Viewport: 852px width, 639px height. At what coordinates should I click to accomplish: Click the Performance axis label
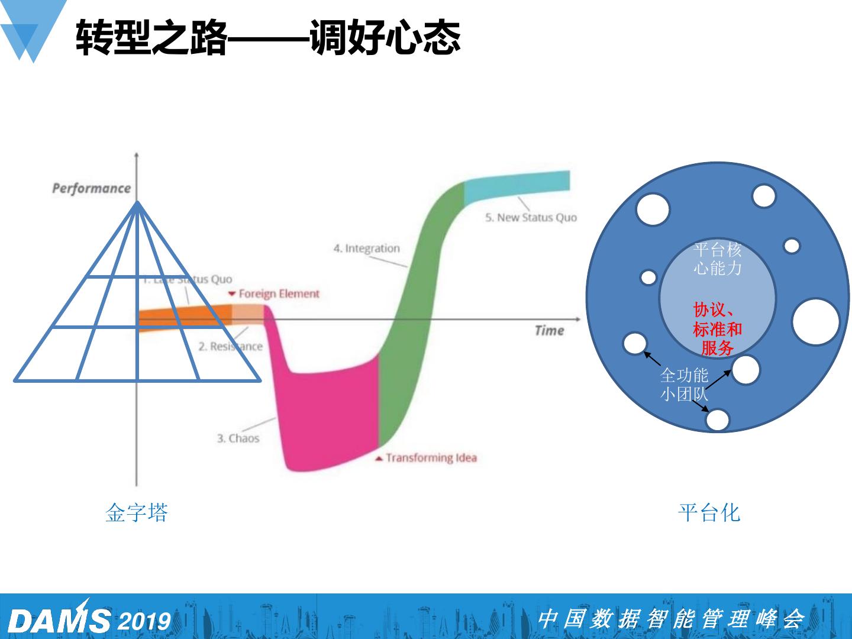tap(91, 188)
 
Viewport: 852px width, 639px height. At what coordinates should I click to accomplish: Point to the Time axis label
tap(549, 330)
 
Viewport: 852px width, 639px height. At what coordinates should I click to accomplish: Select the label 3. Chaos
tap(238, 438)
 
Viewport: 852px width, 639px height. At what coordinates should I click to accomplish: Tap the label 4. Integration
tap(366, 248)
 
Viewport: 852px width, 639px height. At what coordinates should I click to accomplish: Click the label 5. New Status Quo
tap(531, 218)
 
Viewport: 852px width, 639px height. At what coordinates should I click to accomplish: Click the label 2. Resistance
tap(230, 346)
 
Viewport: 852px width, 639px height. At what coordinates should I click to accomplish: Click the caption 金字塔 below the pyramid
tap(137, 512)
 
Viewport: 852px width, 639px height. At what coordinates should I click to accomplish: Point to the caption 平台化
tap(709, 512)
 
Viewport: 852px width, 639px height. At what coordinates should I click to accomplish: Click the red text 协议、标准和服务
tap(717, 329)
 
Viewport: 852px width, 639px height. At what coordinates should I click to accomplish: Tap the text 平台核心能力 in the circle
tap(717, 259)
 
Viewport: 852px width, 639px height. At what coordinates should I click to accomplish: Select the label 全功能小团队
tap(684, 385)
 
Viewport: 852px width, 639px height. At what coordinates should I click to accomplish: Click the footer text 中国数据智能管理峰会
tap(670, 619)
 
